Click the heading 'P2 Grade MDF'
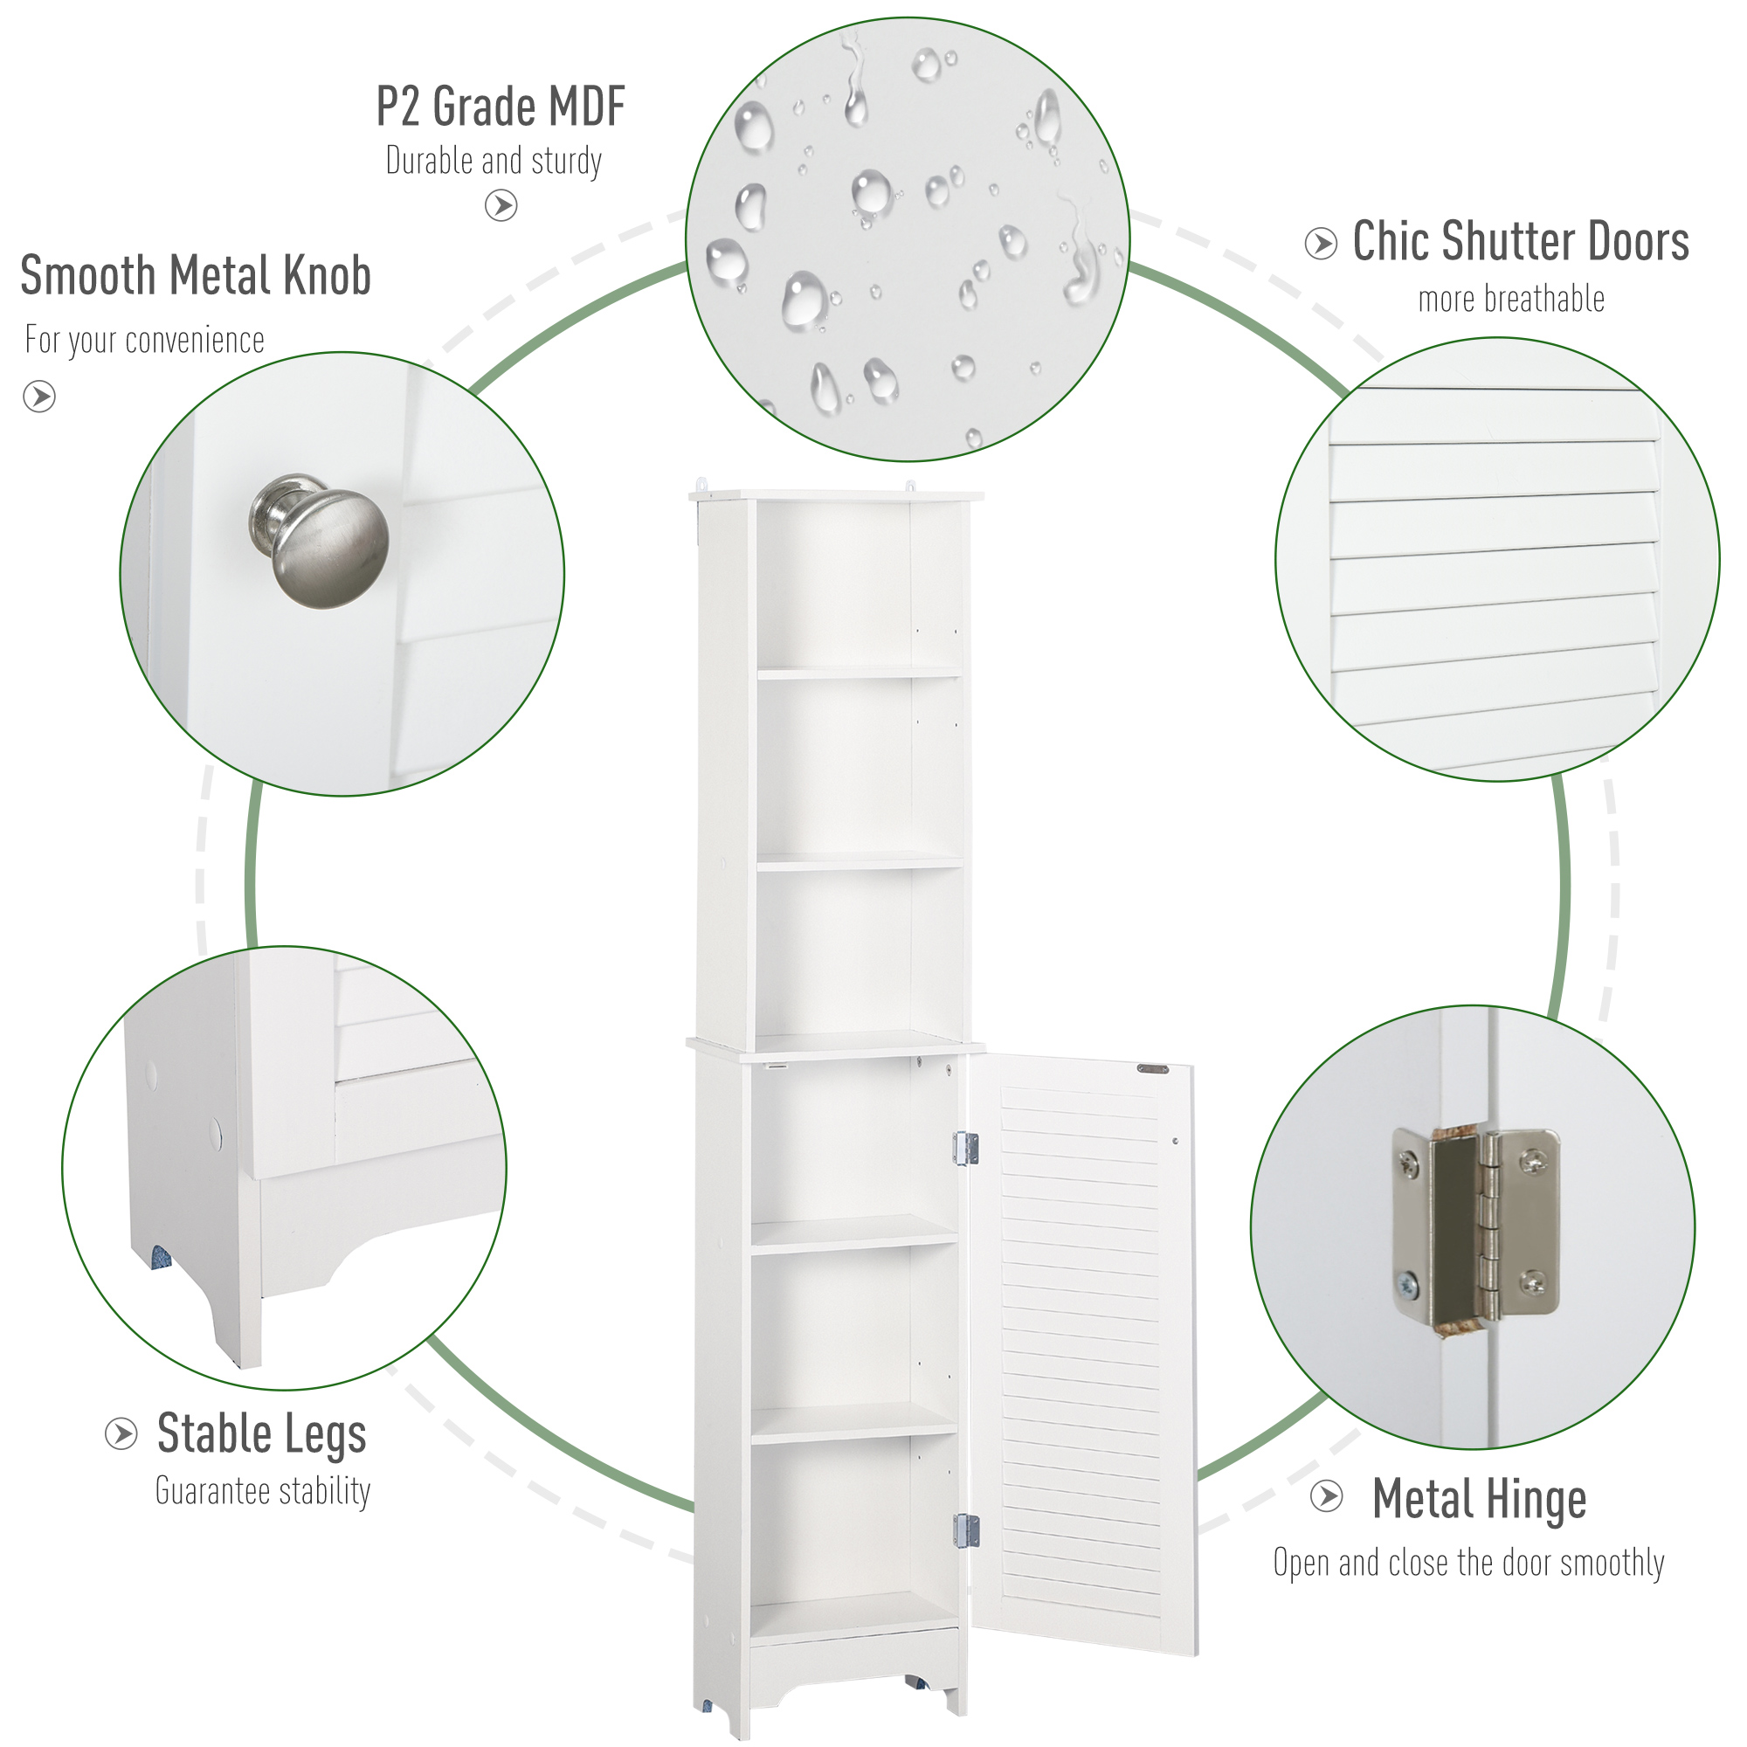click(500, 107)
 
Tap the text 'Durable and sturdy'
click(494, 161)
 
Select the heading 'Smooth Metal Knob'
click(196, 275)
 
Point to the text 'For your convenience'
click(145, 340)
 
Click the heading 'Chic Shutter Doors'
click(1520, 241)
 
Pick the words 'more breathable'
click(1511, 300)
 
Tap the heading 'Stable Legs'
click(261, 1434)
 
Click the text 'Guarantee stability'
click(263, 1491)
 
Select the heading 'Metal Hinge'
click(1479, 1499)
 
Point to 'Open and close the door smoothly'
click(1468, 1563)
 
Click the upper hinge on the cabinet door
click(966, 1149)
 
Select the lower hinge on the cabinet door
click(967, 1530)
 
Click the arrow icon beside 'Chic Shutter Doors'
click(1320, 243)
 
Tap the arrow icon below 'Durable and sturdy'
click(501, 205)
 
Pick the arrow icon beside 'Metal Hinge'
click(1327, 1495)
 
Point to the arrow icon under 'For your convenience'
click(39, 396)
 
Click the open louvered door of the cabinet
click(1081, 1357)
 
